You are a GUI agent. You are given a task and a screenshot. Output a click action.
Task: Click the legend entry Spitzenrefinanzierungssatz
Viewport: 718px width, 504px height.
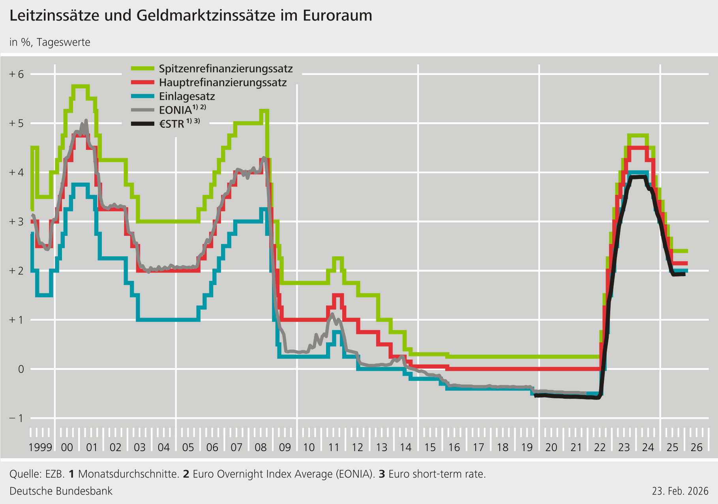[x=225, y=69]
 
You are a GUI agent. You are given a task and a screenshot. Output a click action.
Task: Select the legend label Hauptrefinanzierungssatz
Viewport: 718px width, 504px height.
[x=223, y=83]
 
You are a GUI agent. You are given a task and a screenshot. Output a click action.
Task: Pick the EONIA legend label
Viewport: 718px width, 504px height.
[x=175, y=110]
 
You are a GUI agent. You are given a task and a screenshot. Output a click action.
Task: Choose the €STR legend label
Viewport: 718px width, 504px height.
[x=172, y=124]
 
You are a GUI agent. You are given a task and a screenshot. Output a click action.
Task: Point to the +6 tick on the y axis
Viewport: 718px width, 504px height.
[x=17, y=74]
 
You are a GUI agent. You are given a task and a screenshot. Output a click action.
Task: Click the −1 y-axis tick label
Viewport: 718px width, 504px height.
[x=17, y=418]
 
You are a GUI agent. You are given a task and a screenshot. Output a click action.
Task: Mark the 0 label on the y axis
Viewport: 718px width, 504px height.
[x=21, y=369]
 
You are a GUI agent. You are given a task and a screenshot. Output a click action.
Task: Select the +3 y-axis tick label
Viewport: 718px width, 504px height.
[x=17, y=222]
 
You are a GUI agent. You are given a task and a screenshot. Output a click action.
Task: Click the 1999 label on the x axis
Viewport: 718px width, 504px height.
[x=40, y=448]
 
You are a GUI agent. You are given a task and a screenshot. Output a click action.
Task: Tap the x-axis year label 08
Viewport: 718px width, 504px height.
[x=261, y=448]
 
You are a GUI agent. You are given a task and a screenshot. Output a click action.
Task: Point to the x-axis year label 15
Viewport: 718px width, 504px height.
[x=430, y=448]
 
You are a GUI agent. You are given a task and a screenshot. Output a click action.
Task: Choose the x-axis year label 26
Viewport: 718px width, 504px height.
[x=697, y=448]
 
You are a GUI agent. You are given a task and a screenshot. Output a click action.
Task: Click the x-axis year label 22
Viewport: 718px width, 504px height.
[x=600, y=448]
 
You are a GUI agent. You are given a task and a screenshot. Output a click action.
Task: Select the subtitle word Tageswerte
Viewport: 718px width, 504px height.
[x=64, y=43]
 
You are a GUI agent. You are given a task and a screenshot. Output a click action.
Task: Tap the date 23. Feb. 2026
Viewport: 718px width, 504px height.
[x=680, y=491]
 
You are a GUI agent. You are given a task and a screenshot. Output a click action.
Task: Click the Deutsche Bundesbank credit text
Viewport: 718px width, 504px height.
[x=61, y=491]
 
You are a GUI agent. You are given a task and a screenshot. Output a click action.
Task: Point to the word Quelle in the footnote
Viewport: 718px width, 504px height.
[x=25, y=474]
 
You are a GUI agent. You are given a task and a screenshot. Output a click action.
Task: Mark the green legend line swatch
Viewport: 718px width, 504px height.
[x=142, y=69]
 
